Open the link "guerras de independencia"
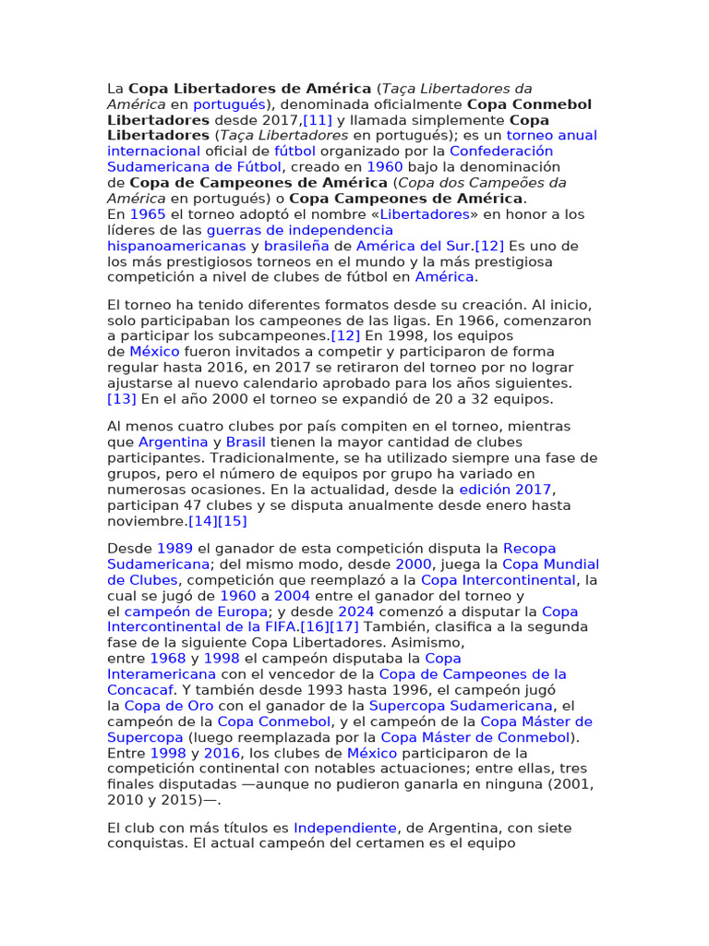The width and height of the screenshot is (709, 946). tap(299, 230)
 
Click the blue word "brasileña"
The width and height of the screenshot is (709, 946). tap(296, 246)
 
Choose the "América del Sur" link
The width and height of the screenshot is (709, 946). tap(415, 246)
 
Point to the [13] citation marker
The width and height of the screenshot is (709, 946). tap(122, 399)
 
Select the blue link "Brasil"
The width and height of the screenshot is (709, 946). tap(246, 443)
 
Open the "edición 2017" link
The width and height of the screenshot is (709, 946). tap(505, 490)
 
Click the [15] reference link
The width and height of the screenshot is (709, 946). tap(234, 521)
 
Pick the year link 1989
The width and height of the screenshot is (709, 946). tap(174, 549)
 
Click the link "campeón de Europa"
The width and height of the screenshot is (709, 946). tap(196, 612)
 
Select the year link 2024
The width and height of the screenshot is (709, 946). tap(356, 612)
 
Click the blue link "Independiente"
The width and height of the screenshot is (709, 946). tap(345, 828)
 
